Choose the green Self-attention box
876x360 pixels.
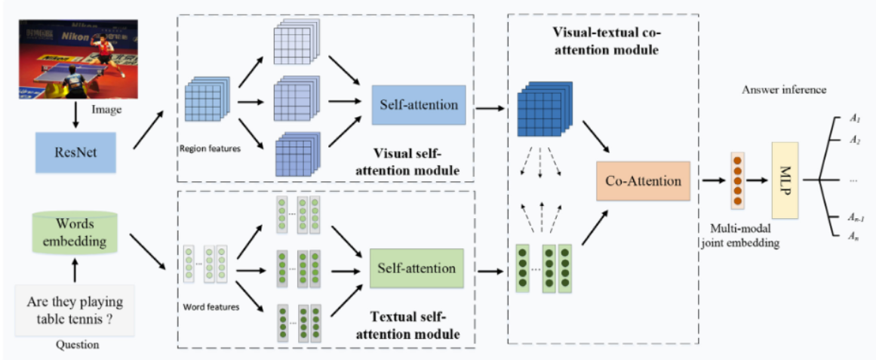[416, 268]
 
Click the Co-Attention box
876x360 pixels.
[643, 181]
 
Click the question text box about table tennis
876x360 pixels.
[74, 311]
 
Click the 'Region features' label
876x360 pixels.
[210, 149]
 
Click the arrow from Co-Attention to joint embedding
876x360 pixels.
[711, 182]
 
